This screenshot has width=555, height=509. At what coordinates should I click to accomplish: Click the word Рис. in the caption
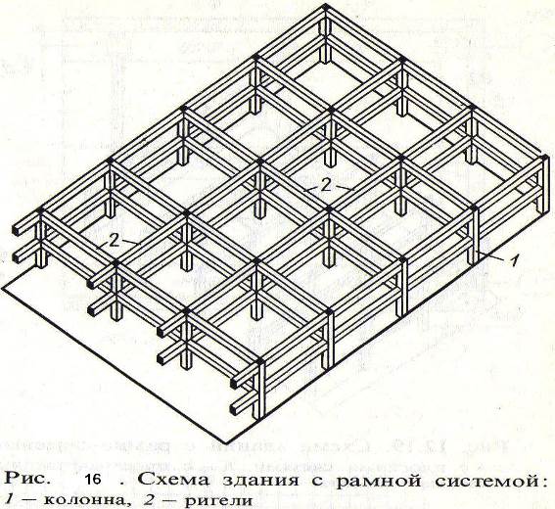click(x=26, y=480)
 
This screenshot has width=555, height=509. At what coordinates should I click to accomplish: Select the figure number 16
click(x=93, y=480)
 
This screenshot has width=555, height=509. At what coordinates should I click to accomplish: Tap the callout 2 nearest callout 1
click(x=326, y=186)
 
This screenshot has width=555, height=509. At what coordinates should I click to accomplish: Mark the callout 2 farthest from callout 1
click(x=114, y=242)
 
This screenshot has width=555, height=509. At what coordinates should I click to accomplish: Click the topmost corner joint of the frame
click(x=326, y=8)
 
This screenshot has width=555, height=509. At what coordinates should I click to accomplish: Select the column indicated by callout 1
click(x=474, y=237)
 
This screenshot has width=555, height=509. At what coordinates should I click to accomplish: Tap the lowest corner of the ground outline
click(x=225, y=442)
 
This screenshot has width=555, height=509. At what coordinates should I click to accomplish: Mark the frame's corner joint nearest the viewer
click(x=260, y=362)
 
